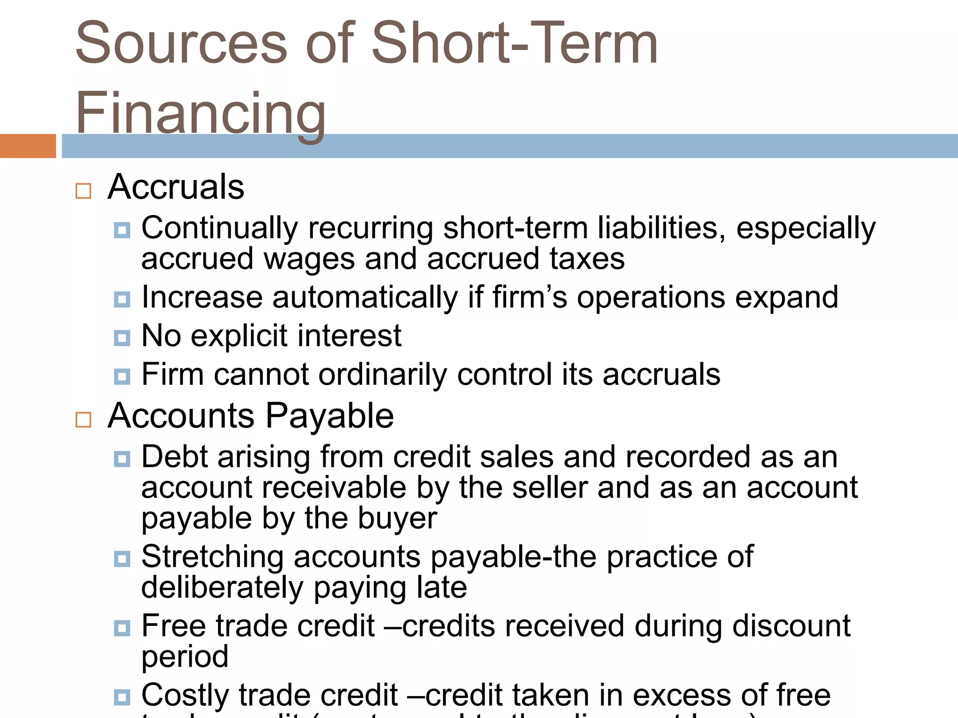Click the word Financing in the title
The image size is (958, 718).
pyautogui.click(x=200, y=113)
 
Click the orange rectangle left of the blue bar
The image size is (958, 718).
pyautogui.click(x=28, y=146)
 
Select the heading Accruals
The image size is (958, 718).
pyautogui.click(x=176, y=187)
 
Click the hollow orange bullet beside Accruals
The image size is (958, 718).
pyautogui.click(x=83, y=191)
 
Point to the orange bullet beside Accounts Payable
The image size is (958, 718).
pyautogui.click(x=83, y=420)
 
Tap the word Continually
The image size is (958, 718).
pyautogui.click(x=219, y=229)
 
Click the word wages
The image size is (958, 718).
pyautogui.click(x=309, y=259)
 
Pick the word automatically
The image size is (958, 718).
pyautogui.click(x=365, y=298)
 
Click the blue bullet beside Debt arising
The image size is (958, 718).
pyautogui.click(x=122, y=459)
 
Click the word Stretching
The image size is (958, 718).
pyautogui.click(x=213, y=557)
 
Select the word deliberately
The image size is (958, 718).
pyautogui.click(x=222, y=588)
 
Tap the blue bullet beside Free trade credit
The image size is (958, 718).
pyautogui.click(x=122, y=628)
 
